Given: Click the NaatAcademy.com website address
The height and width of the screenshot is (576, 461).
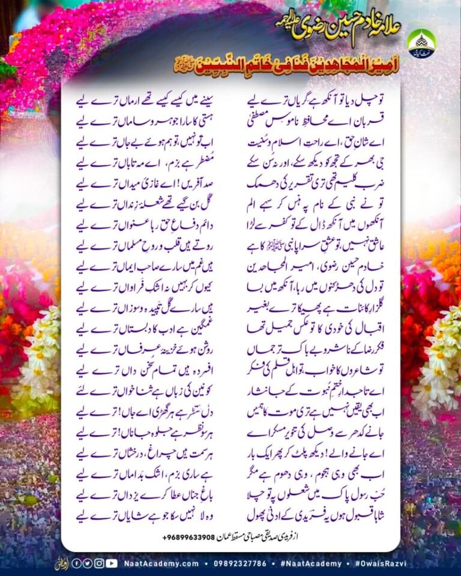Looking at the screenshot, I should coord(162,563).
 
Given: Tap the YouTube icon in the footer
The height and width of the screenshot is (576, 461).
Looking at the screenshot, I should coord(112,563).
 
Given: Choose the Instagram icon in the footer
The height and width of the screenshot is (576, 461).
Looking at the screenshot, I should coord(99,563).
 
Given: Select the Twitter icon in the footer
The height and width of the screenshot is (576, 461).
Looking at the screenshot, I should coord(88,563).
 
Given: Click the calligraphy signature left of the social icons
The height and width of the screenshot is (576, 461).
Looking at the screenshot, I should coord(60,563).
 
